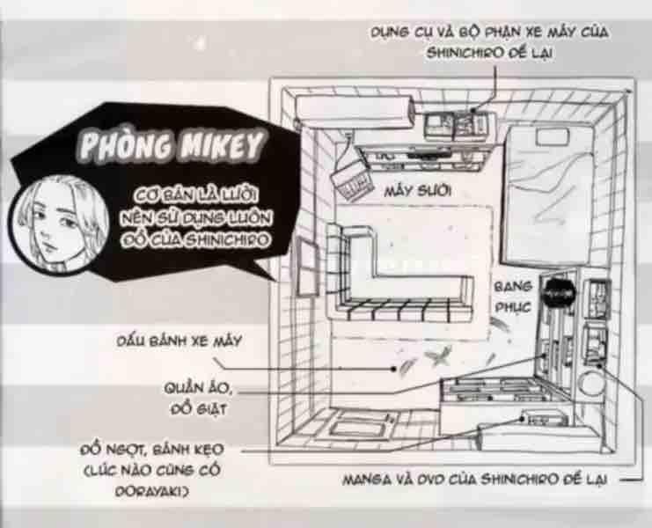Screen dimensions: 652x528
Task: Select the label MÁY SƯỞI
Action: tap(417, 191)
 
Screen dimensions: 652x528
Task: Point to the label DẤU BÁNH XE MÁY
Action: tap(179, 341)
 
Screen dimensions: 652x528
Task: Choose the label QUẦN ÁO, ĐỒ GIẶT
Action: tap(198, 399)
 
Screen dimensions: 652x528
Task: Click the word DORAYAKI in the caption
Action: tap(151, 491)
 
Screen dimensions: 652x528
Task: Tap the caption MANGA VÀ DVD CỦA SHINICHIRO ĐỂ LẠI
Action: tap(474, 480)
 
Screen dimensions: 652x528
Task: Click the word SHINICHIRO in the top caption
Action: tap(467, 53)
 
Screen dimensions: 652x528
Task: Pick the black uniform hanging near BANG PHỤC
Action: tap(559, 294)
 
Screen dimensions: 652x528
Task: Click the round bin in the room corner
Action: tap(591, 383)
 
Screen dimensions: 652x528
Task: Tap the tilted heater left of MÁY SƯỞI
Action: tap(352, 183)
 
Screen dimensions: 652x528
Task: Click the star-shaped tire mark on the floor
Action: tap(438, 356)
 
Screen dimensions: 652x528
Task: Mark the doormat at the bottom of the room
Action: tap(360, 425)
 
